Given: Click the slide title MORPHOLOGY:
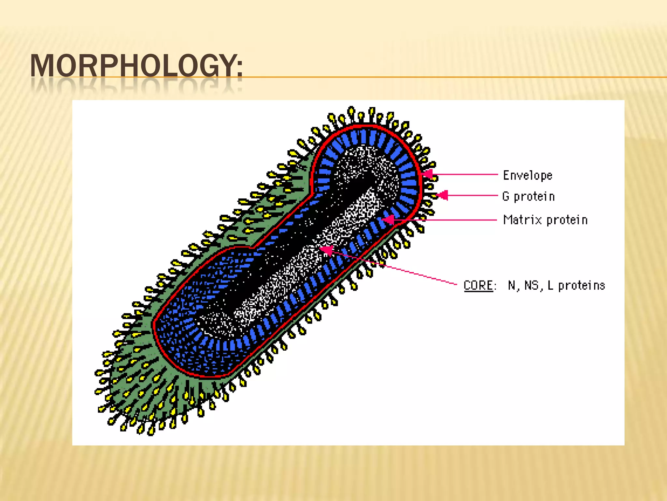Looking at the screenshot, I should tap(136, 66).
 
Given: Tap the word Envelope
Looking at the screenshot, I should tap(528, 175).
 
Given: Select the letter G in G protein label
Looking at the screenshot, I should tap(506, 196).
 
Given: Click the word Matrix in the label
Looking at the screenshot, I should tap(522, 220).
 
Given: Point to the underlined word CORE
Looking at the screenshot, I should tap(478, 285).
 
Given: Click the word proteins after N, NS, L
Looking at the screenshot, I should tap(581, 286).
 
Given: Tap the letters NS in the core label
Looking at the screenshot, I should tap(531, 285).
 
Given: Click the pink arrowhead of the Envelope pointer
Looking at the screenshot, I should tap(428, 175).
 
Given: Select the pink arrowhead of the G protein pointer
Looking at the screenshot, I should tap(442, 195).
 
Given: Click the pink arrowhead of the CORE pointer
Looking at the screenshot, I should tap(326, 250).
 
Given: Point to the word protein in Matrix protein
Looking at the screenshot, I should tap(567, 220).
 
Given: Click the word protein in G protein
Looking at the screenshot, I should tap(534, 197).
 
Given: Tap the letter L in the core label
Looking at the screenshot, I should tap(550, 285).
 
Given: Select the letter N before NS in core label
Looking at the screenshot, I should tap(512, 285).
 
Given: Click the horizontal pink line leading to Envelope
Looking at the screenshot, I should tap(466, 175).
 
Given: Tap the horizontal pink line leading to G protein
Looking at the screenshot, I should tap(472, 196).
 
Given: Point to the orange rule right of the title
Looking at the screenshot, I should tap(456, 77).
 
